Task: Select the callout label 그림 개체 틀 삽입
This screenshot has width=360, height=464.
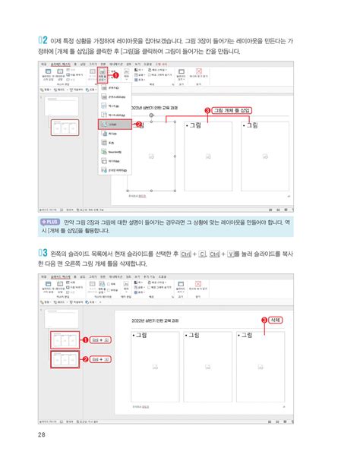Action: [232, 109]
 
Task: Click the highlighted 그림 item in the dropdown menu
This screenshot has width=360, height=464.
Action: [114, 124]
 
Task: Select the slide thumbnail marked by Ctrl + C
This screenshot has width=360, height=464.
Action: [62, 340]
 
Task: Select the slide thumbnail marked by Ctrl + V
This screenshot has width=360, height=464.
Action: [62, 359]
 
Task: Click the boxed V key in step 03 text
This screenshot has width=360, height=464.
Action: [232, 253]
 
